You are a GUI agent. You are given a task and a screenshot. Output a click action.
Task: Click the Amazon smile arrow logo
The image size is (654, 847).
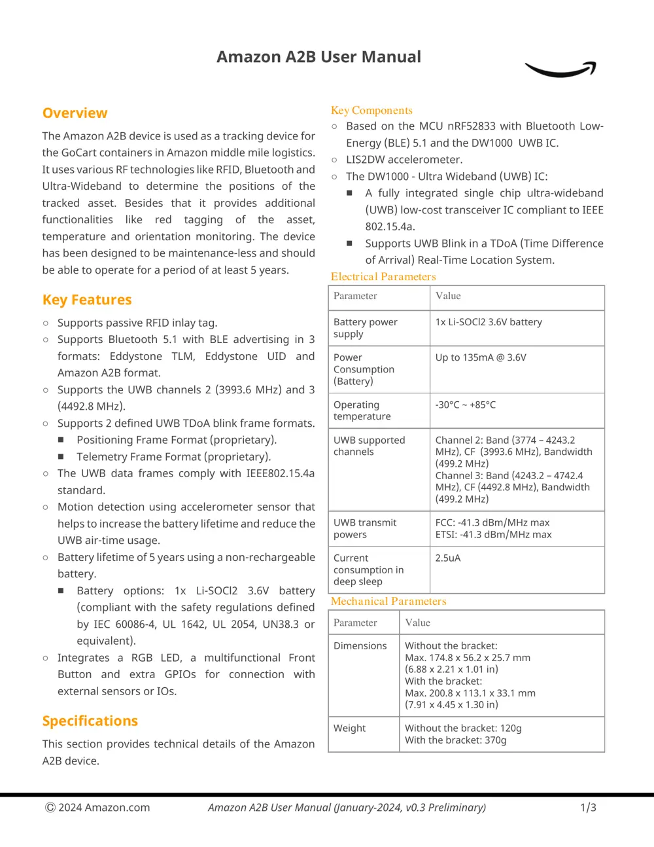[x=560, y=69]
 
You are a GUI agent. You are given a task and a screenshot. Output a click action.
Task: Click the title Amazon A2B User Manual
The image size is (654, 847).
[x=318, y=57]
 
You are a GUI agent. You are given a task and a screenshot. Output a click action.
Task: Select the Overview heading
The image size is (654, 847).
[x=75, y=113]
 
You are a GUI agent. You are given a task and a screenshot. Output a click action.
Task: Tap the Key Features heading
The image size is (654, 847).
[x=87, y=300]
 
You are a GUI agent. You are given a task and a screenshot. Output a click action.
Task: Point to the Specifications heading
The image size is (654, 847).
[x=90, y=721]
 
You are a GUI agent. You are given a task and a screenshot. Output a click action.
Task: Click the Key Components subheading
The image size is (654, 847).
[x=371, y=110]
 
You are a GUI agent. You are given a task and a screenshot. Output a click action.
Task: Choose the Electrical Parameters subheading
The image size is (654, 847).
[x=383, y=276]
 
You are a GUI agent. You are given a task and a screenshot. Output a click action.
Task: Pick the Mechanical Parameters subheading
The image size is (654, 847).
[x=388, y=601]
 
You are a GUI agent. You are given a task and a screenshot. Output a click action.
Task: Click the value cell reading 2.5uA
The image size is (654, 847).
[x=448, y=558]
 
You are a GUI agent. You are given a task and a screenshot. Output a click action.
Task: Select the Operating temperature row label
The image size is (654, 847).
[x=362, y=410]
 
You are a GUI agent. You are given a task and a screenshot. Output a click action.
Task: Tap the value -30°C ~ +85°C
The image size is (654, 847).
[x=466, y=405]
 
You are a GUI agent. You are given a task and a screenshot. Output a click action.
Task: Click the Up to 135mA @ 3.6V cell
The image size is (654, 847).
[x=481, y=357]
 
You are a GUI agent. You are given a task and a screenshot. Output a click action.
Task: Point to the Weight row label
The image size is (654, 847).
[x=350, y=728]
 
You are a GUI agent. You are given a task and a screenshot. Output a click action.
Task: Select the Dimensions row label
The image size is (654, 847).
[x=360, y=645]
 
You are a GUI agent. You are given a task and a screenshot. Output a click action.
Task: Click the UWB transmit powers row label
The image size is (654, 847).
[x=365, y=528]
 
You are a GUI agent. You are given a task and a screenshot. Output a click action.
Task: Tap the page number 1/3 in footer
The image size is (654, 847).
[x=588, y=807]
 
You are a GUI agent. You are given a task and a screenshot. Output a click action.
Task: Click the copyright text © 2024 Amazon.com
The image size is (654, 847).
[x=97, y=807]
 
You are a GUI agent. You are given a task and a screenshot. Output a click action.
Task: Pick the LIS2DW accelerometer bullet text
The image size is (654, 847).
[x=404, y=160]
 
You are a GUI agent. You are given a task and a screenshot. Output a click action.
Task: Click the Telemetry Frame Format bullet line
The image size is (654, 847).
[x=173, y=457]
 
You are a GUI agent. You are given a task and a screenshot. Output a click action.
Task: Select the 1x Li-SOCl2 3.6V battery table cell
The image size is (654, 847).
[x=489, y=322]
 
